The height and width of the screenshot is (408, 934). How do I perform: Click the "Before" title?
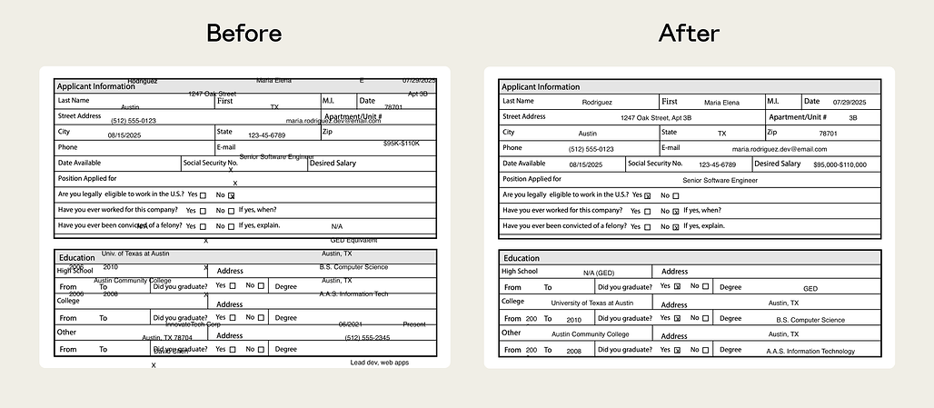243,34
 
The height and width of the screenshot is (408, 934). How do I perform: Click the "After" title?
689,34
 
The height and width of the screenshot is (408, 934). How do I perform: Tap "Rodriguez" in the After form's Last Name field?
597,103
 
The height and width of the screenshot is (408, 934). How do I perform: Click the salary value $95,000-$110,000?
840,164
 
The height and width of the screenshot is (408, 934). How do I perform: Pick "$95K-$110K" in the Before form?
401,144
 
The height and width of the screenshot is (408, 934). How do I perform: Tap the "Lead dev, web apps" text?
380,362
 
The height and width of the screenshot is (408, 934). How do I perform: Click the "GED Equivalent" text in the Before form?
353,240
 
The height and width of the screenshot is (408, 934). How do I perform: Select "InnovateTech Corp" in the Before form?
193,324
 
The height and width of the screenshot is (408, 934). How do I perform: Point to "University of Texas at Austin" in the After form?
591,303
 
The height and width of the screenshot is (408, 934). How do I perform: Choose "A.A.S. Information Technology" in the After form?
810,351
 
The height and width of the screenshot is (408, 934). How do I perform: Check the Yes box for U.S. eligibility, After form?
647,195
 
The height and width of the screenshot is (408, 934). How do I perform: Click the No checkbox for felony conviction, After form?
675,226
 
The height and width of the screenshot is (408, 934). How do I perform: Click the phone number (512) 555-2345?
367,338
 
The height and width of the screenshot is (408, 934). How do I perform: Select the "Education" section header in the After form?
522,258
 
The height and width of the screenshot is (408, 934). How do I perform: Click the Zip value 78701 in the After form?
829,134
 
